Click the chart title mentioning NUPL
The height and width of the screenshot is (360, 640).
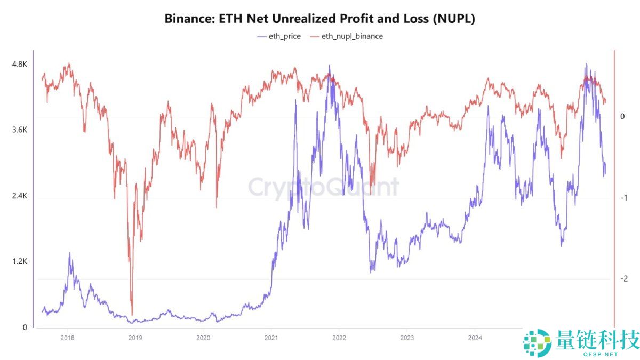coord(319,19)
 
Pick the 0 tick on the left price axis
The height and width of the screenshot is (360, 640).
coord(23,327)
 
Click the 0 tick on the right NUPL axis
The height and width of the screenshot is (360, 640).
coord(622,117)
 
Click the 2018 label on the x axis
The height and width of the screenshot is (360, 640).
coord(67,338)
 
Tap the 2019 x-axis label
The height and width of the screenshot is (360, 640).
coord(135,338)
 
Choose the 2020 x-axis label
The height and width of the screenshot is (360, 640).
coord(203,338)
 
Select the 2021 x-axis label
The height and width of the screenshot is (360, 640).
coord(271,338)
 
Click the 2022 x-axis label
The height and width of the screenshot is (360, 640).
coord(339,338)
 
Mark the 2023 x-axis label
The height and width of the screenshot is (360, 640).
coord(407,338)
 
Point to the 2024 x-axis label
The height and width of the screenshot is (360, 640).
coord(475,338)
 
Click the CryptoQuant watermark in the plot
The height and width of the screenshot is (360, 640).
coord(323,187)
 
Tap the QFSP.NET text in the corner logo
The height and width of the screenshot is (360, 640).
coord(601,354)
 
